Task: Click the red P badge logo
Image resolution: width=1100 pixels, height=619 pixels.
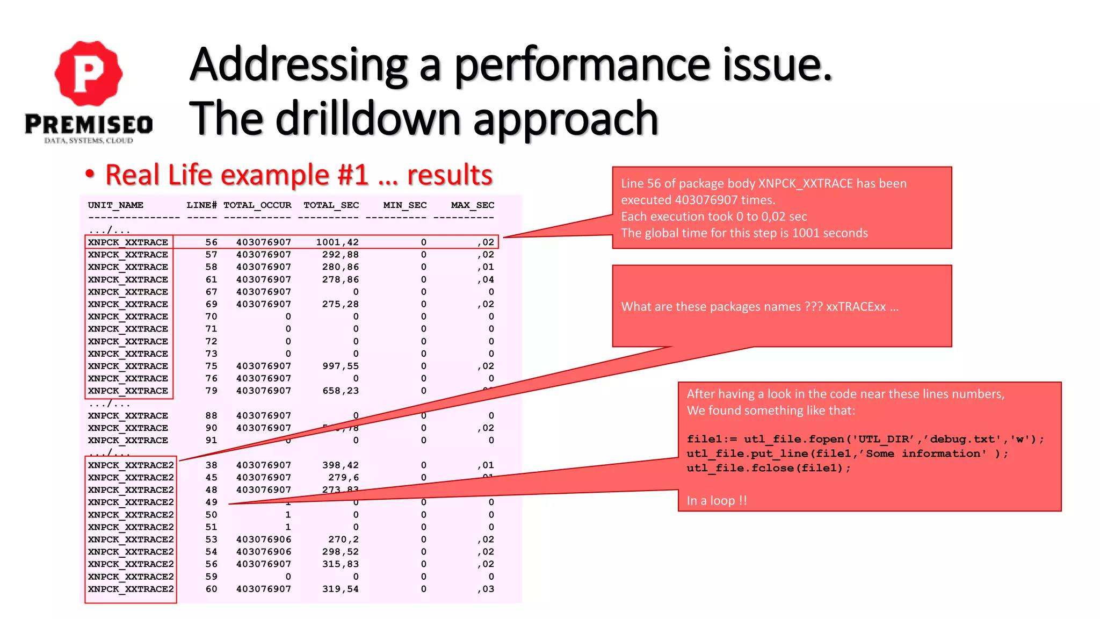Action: point(89,73)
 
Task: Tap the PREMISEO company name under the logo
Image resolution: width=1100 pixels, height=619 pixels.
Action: point(89,125)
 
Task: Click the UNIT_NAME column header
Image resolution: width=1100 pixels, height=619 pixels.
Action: point(115,205)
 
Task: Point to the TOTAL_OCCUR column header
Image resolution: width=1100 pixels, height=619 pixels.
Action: point(257,205)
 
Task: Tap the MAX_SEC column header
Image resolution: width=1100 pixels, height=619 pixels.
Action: point(472,205)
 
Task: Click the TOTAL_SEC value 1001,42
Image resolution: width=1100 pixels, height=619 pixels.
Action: point(337,242)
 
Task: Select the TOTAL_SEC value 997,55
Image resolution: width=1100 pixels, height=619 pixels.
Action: point(340,366)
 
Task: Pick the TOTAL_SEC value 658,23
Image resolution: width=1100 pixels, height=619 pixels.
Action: point(340,391)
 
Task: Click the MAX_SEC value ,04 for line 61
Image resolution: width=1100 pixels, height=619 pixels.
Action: point(486,279)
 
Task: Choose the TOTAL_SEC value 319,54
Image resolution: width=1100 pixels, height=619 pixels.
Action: point(340,589)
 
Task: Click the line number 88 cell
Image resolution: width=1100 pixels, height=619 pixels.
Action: point(211,415)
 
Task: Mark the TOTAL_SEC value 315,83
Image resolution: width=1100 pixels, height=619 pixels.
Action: point(340,564)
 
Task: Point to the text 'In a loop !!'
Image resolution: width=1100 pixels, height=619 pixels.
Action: point(717,500)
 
